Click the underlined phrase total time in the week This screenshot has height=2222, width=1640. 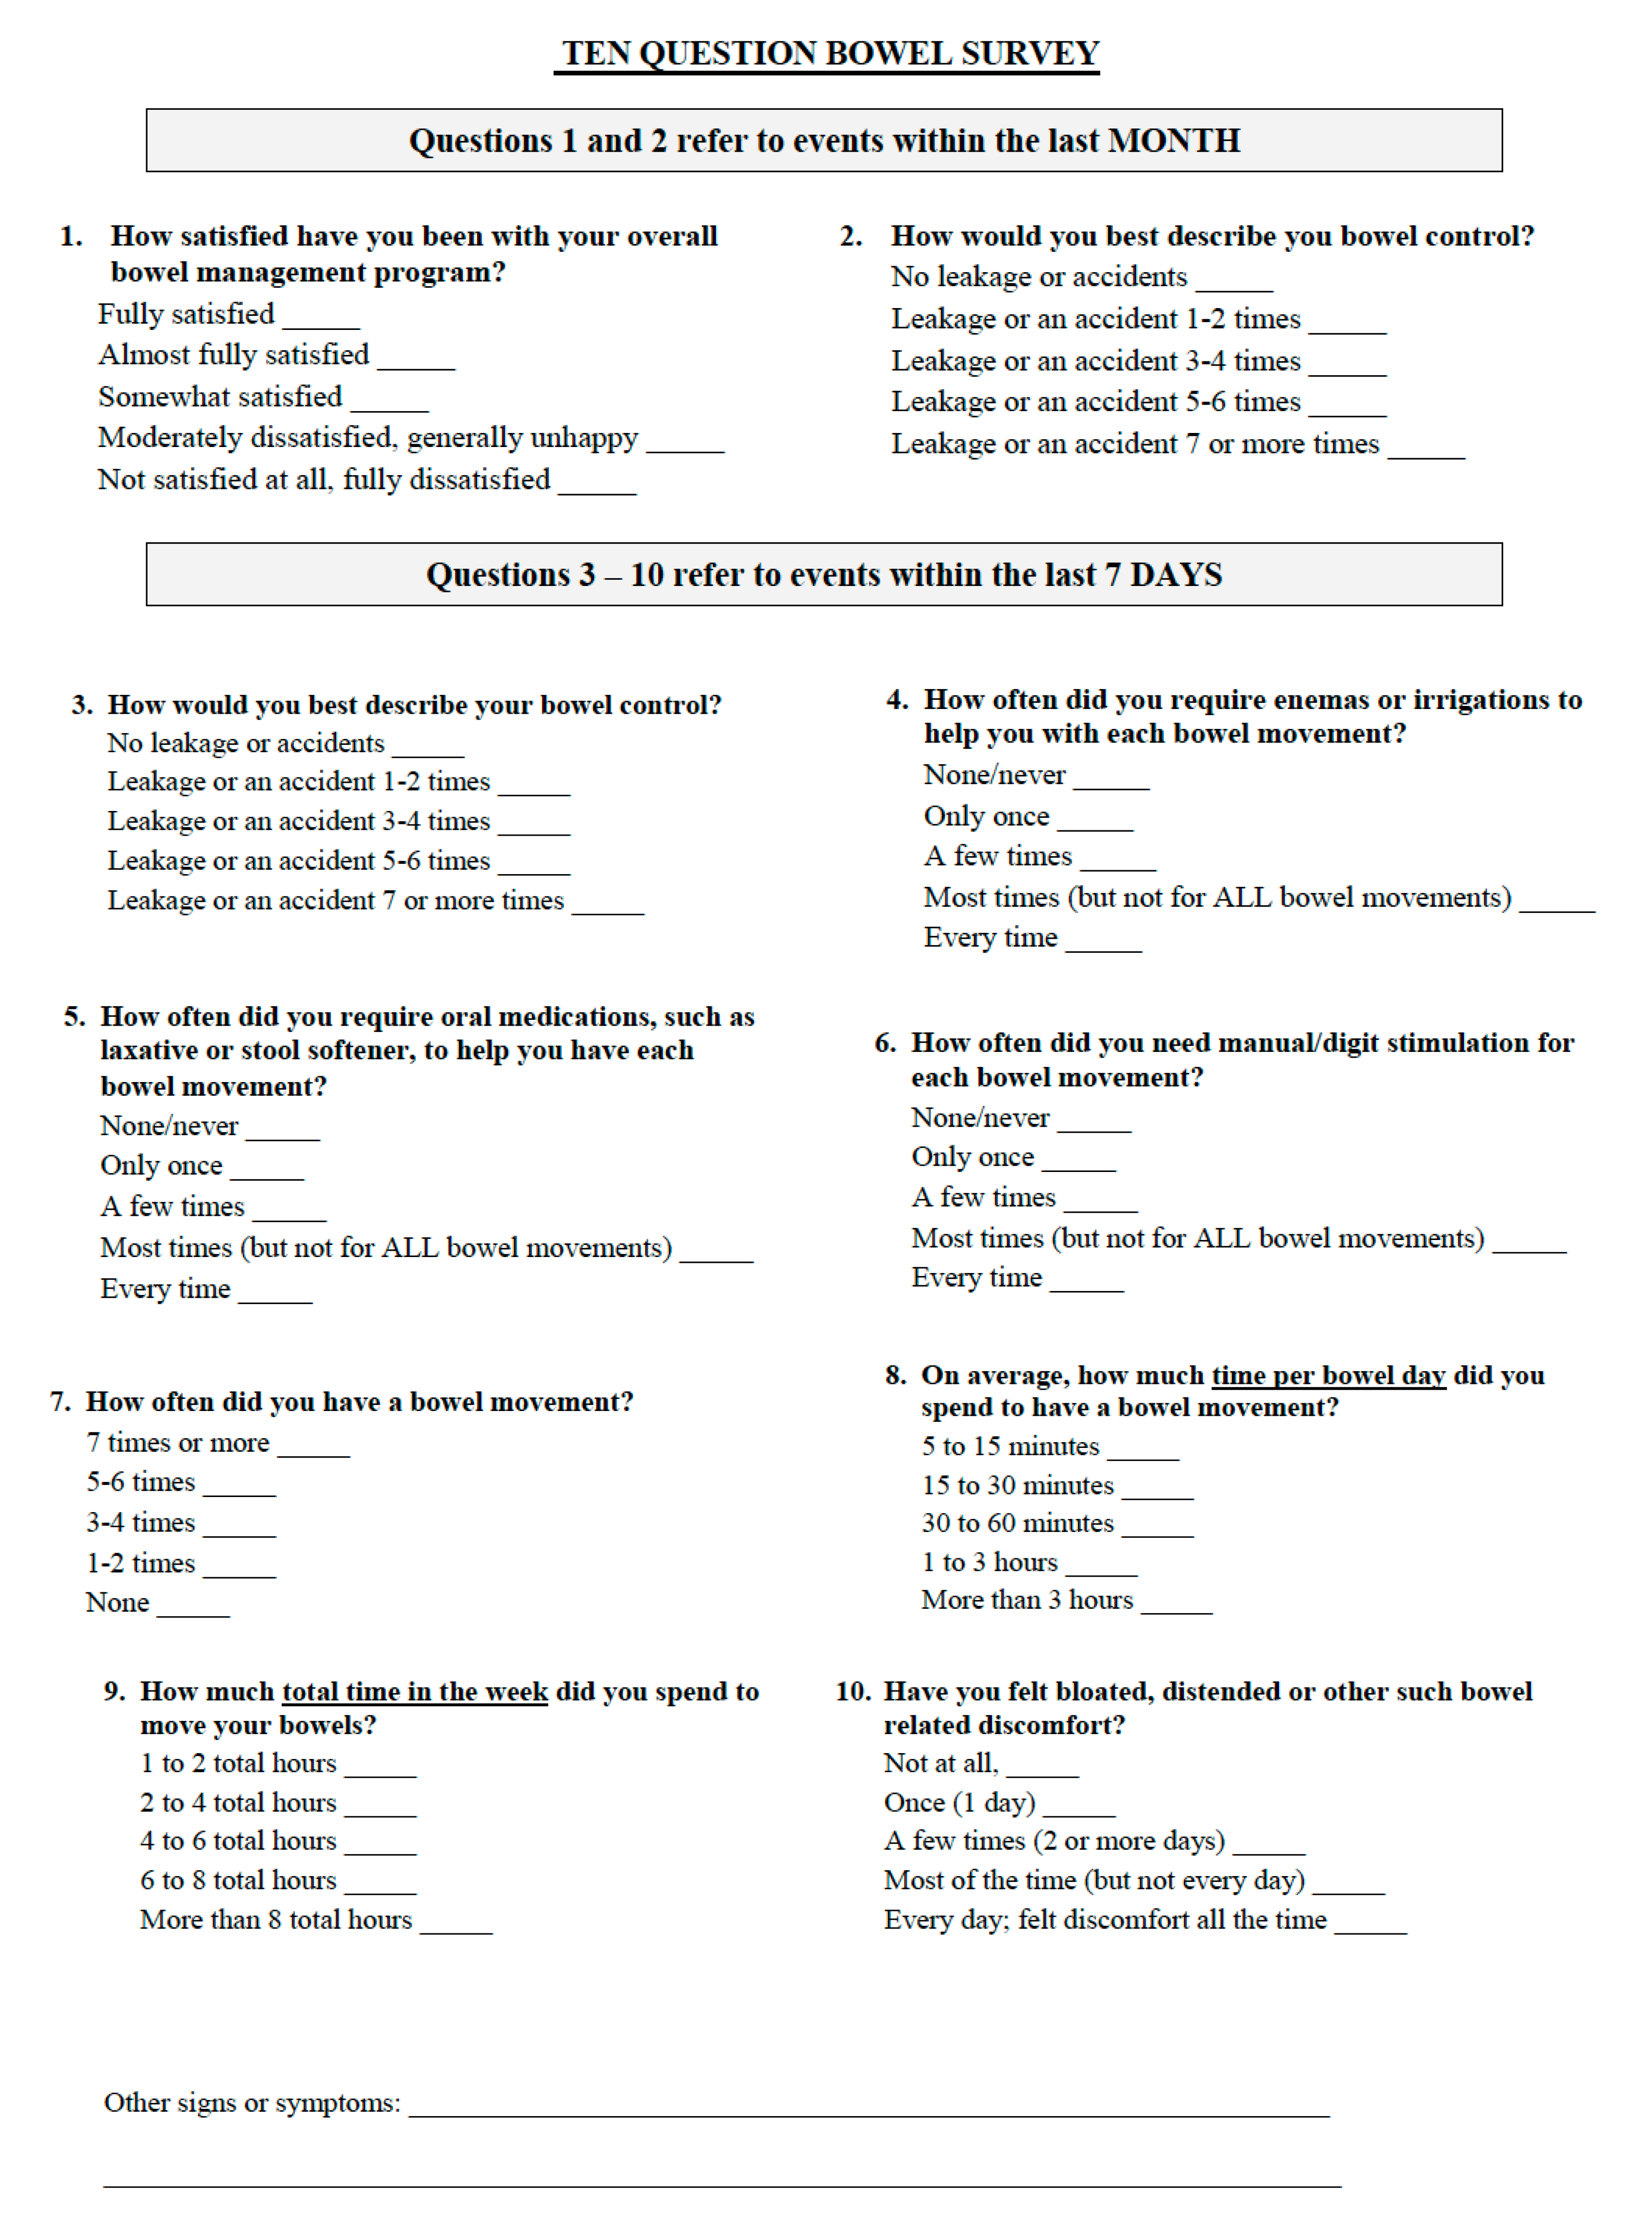[415, 1692]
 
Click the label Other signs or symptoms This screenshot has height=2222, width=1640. [252, 2103]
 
